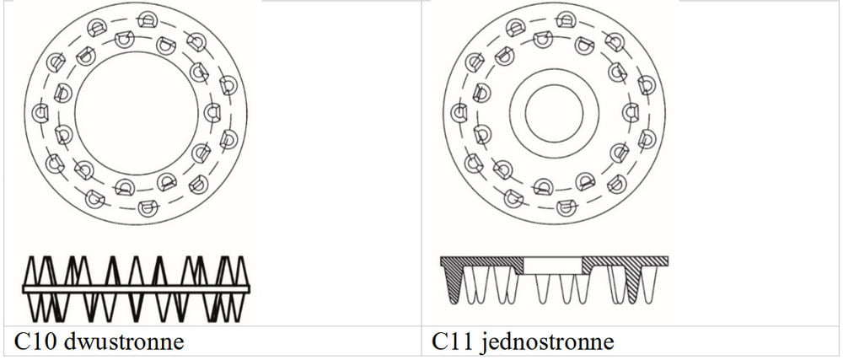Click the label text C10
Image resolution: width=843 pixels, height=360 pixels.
coord(35,341)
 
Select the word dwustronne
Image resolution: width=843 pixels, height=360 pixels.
coord(123,341)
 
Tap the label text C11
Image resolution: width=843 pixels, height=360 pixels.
coord(451,341)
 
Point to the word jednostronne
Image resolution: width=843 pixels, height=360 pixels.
coord(546,342)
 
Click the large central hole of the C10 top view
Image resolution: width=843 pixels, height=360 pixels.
coord(137,113)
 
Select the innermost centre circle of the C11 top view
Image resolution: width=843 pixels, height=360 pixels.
coord(555,113)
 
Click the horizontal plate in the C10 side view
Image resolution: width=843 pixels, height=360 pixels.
coord(137,288)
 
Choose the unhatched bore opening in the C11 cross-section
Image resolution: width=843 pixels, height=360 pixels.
coord(552,266)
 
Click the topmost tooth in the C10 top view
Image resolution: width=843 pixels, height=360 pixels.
coord(147,20)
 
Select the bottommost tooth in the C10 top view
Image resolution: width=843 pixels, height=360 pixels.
coord(148,207)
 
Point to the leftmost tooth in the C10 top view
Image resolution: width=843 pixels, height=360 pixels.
coord(40,113)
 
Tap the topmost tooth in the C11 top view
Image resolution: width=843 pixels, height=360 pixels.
coord(566,20)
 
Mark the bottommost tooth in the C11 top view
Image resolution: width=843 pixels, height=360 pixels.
coord(566,207)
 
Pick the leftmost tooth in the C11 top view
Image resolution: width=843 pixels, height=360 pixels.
coord(459,113)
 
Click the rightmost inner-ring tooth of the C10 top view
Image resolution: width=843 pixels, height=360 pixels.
coord(212,113)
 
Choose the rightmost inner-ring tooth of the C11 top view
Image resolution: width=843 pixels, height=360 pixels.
coord(631,113)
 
